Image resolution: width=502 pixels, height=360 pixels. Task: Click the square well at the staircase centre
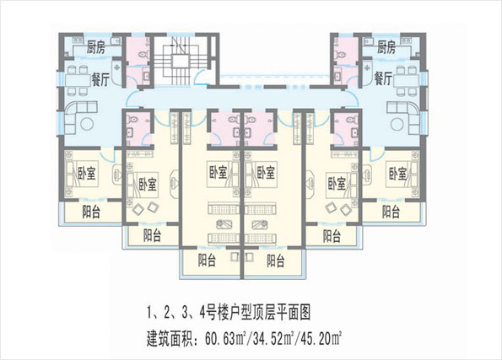[x=181, y=61]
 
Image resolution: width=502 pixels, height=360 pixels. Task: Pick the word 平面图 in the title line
[x=294, y=313]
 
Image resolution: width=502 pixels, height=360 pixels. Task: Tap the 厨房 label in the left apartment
[x=96, y=48]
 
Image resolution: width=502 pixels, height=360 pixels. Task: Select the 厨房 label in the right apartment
[x=386, y=47]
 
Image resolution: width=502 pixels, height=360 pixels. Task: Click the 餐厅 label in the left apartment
[x=100, y=79]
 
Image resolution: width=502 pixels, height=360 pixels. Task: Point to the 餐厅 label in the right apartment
[x=383, y=78]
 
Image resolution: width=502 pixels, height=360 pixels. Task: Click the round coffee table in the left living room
[x=87, y=124]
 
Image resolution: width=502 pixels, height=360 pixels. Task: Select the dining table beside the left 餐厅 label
[x=78, y=80]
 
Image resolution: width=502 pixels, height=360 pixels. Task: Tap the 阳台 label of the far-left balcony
[x=91, y=212]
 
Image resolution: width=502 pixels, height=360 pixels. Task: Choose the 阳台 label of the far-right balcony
[x=391, y=212]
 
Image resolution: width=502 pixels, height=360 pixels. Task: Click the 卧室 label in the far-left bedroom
[x=87, y=173]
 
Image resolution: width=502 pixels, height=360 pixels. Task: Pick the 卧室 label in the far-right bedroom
[x=398, y=174]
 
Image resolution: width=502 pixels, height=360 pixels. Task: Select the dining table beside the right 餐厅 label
[x=407, y=81]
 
